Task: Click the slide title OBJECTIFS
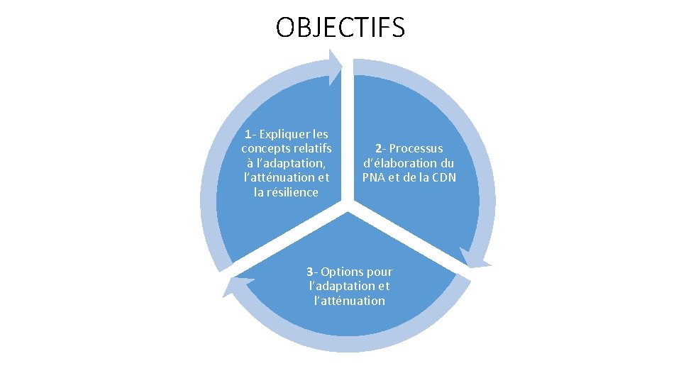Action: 340,28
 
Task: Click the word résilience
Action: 292,193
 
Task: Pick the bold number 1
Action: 248,134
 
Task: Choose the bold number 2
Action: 380,148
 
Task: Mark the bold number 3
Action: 310,272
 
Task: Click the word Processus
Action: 416,148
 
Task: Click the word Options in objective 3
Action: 343,272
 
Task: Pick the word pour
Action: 380,272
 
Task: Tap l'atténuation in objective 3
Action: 350,301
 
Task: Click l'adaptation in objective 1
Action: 291,163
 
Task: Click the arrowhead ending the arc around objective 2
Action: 474,257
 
